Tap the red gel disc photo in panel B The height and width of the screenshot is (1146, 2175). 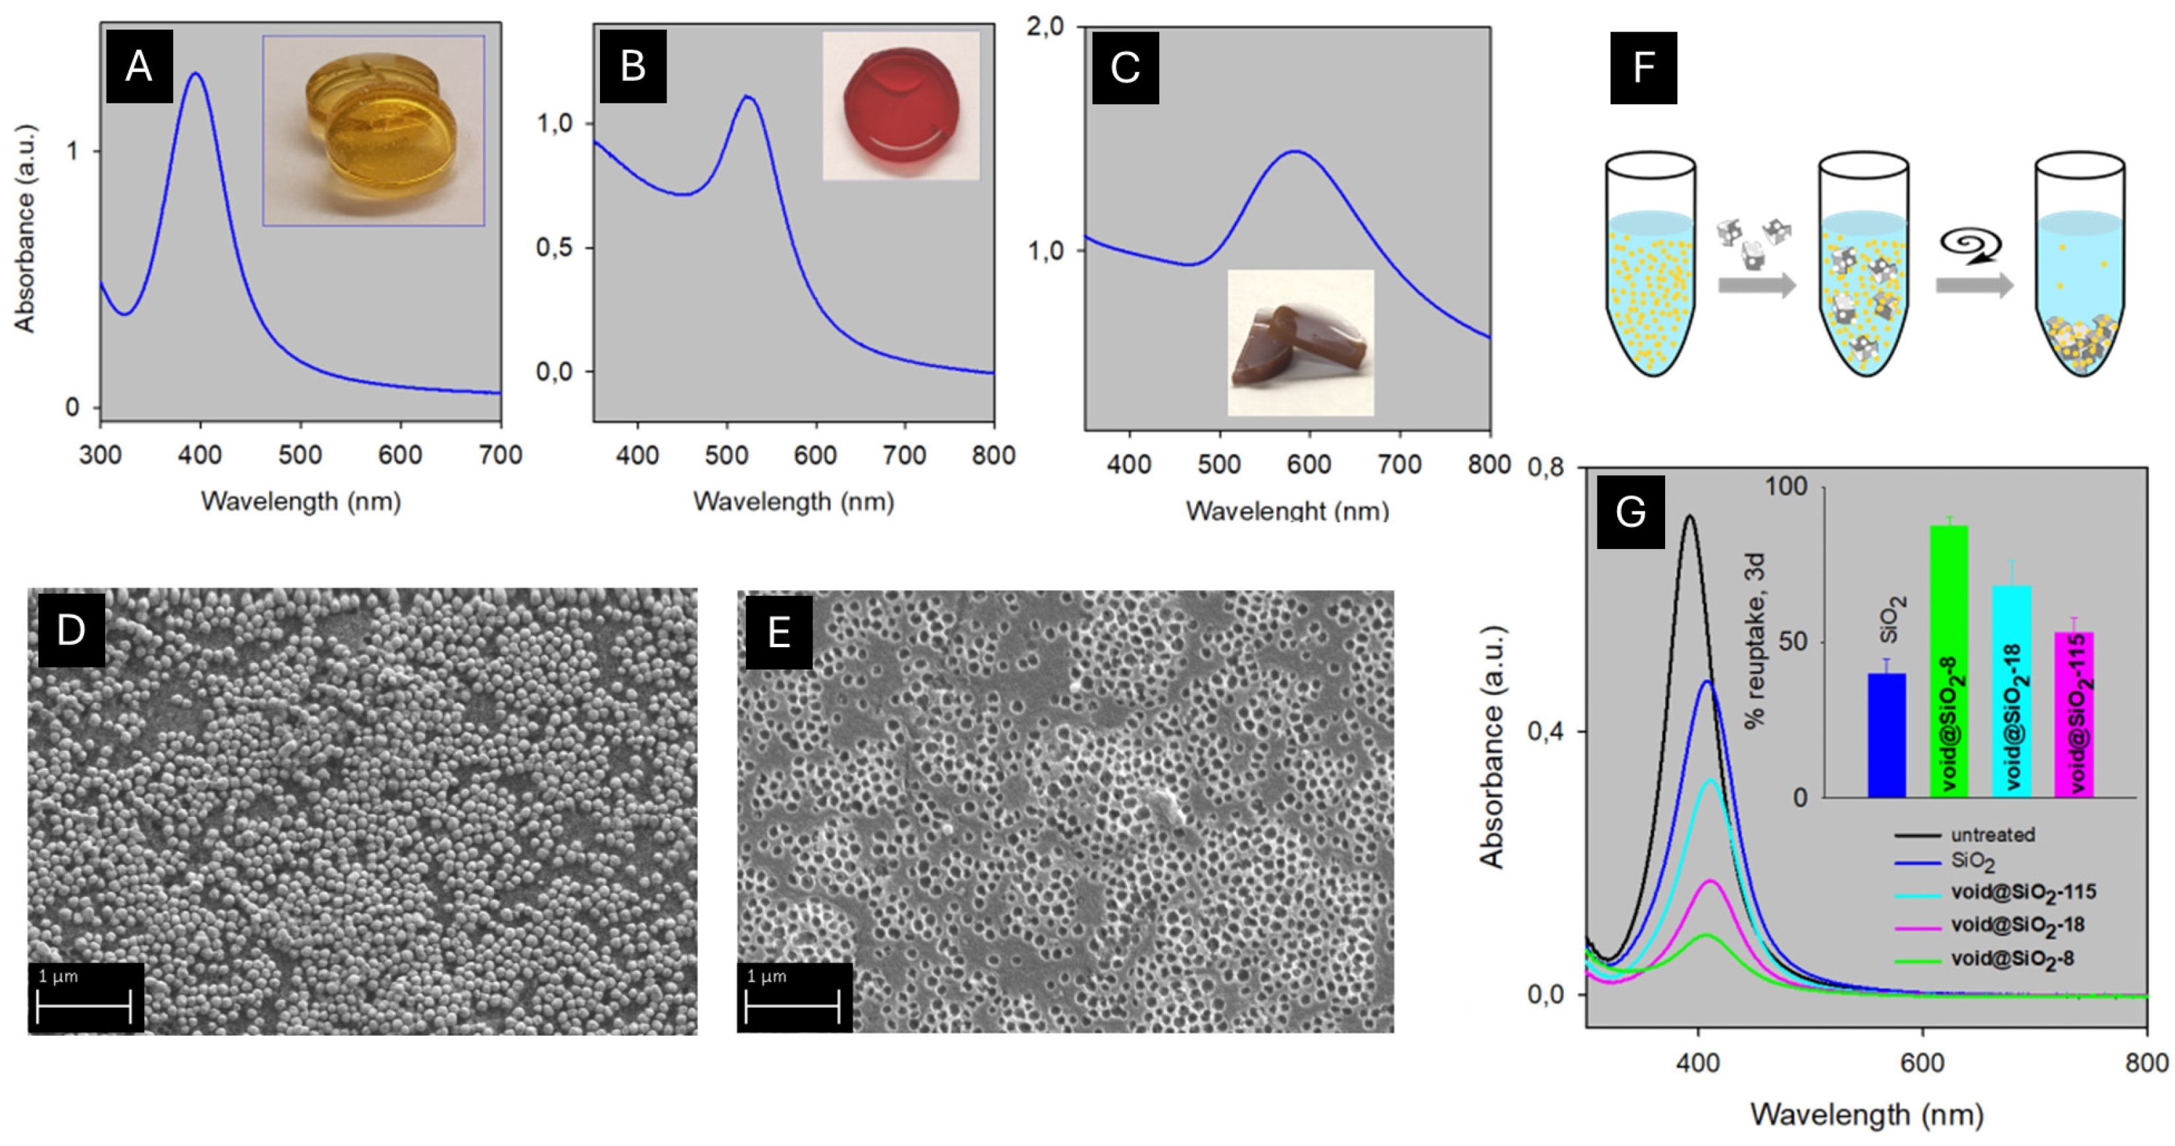(x=901, y=105)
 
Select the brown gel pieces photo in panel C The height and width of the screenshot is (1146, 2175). (x=1299, y=342)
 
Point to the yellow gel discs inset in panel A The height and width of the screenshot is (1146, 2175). (x=373, y=131)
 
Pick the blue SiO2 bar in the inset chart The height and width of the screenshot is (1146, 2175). (x=1886, y=735)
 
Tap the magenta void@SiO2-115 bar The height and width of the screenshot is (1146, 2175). (x=2074, y=714)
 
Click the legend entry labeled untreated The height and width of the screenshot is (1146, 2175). (x=1992, y=835)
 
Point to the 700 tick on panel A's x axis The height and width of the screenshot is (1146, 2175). (x=500, y=456)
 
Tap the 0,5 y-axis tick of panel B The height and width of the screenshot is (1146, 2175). (x=555, y=248)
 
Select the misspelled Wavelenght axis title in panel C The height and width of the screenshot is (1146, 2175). (x=1287, y=510)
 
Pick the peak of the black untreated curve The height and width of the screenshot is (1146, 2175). (x=1689, y=516)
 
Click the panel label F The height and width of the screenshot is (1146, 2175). (x=1643, y=68)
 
